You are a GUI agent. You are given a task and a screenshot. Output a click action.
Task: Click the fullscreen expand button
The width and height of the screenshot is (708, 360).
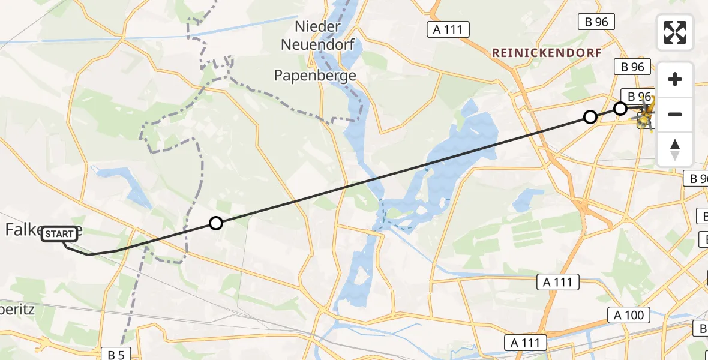(x=675, y=32)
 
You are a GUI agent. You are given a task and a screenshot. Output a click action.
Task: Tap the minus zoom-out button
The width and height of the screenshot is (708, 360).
(x=675, y=114)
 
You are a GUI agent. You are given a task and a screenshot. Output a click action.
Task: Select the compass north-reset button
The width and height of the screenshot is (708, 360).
(x=675, y=149)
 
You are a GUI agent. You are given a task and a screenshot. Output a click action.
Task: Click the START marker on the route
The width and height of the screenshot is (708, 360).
(x=59, y=234)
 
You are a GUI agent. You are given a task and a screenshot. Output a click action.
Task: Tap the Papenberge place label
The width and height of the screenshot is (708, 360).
(x=315, y=76)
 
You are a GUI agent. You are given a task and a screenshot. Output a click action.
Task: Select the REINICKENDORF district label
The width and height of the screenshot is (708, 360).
(x=547, y=53)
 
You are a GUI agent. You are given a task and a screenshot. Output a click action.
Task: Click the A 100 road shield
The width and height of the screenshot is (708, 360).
(x=629, y=315)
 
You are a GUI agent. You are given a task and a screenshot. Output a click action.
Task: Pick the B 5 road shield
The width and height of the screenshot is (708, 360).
(x=116, y=355)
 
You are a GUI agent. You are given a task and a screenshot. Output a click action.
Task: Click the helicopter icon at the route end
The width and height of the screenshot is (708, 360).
(x=645, y=115)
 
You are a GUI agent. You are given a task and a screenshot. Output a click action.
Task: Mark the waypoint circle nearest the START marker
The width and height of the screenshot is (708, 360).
(x=216, y=223)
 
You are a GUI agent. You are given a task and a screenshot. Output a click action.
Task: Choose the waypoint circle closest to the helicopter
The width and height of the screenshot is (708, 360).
(x=620, y=109)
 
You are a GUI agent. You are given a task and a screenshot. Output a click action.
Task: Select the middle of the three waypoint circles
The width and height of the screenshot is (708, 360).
(x=590, y=117)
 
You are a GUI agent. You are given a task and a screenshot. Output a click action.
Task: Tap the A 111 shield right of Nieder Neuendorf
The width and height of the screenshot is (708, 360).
(x=448, y=29)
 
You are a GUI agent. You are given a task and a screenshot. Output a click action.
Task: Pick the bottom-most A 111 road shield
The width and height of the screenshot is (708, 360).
(x=526, y=343)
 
